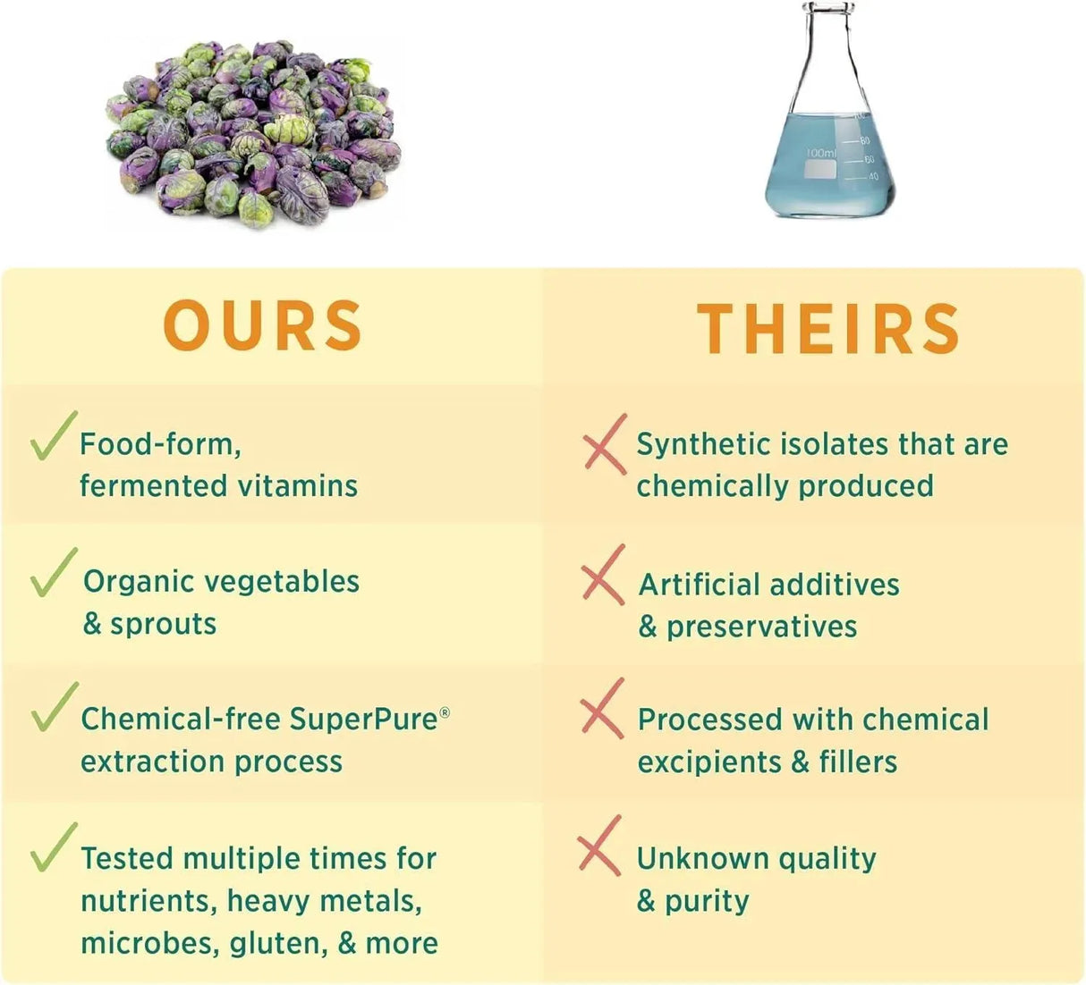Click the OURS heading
click(x=263, y=325)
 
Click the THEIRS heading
click(x=827, y=328)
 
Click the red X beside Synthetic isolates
click(x=606, y=443)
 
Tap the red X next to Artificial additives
click(x=603, y=574)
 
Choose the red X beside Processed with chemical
click(x=602, y=708)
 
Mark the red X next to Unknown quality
click(x=599, y=846)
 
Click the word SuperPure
click(x=364, y=720)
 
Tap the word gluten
click(x=278, y=945)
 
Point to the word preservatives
click(x=761, y=627)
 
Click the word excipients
click(x=709, y=762)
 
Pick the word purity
click(x=707, y=902)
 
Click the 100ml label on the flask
click(x=821, y=153)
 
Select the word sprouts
click(x=163, y=625)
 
